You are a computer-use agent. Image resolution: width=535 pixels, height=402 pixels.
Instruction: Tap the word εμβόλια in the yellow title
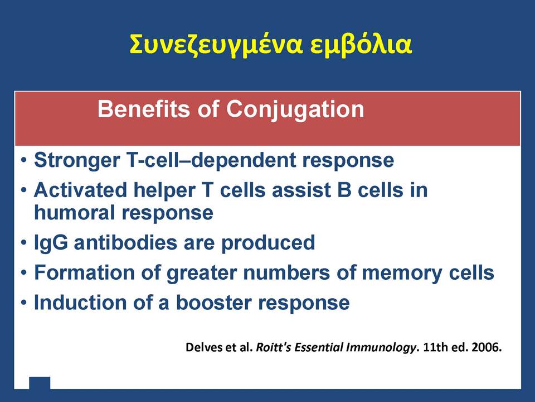point(361,44)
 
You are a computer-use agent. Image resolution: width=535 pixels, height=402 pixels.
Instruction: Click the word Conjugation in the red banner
point(295,111)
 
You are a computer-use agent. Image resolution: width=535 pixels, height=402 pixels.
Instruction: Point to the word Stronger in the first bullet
point(77,160)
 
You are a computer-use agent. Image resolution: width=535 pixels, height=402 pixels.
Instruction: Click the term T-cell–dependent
point(211,160)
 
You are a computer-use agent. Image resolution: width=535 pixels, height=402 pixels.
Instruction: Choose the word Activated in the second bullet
point(80,190)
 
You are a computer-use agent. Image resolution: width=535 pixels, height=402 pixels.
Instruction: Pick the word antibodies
point(125,242)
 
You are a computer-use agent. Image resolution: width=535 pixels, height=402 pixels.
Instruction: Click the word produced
point(268,243)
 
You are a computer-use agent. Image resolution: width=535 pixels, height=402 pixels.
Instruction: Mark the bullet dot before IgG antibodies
point(23,243)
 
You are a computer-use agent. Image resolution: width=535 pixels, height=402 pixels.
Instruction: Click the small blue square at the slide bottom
point(40,383)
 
